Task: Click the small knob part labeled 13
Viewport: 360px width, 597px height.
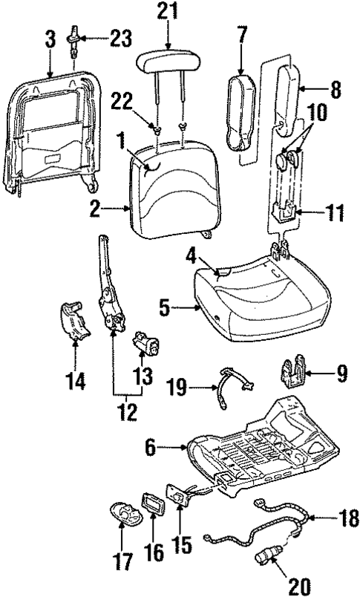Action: point(143,345)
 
